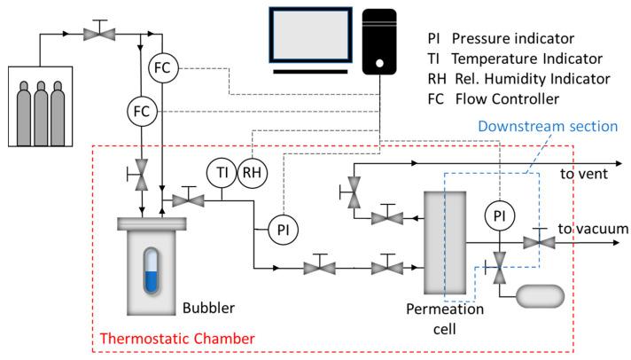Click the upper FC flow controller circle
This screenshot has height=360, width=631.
tap(161, 68)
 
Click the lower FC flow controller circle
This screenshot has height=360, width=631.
tap(142, 112)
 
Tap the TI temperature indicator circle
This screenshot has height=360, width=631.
tap(222, 171)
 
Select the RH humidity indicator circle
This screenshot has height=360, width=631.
tap(253, 171)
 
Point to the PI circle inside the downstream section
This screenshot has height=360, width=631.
tap(499, 215)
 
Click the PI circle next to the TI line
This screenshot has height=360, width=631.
tap(283, 229)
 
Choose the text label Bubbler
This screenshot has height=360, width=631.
tap(209, 309)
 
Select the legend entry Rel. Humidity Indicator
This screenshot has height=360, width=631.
tap(518, 79)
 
